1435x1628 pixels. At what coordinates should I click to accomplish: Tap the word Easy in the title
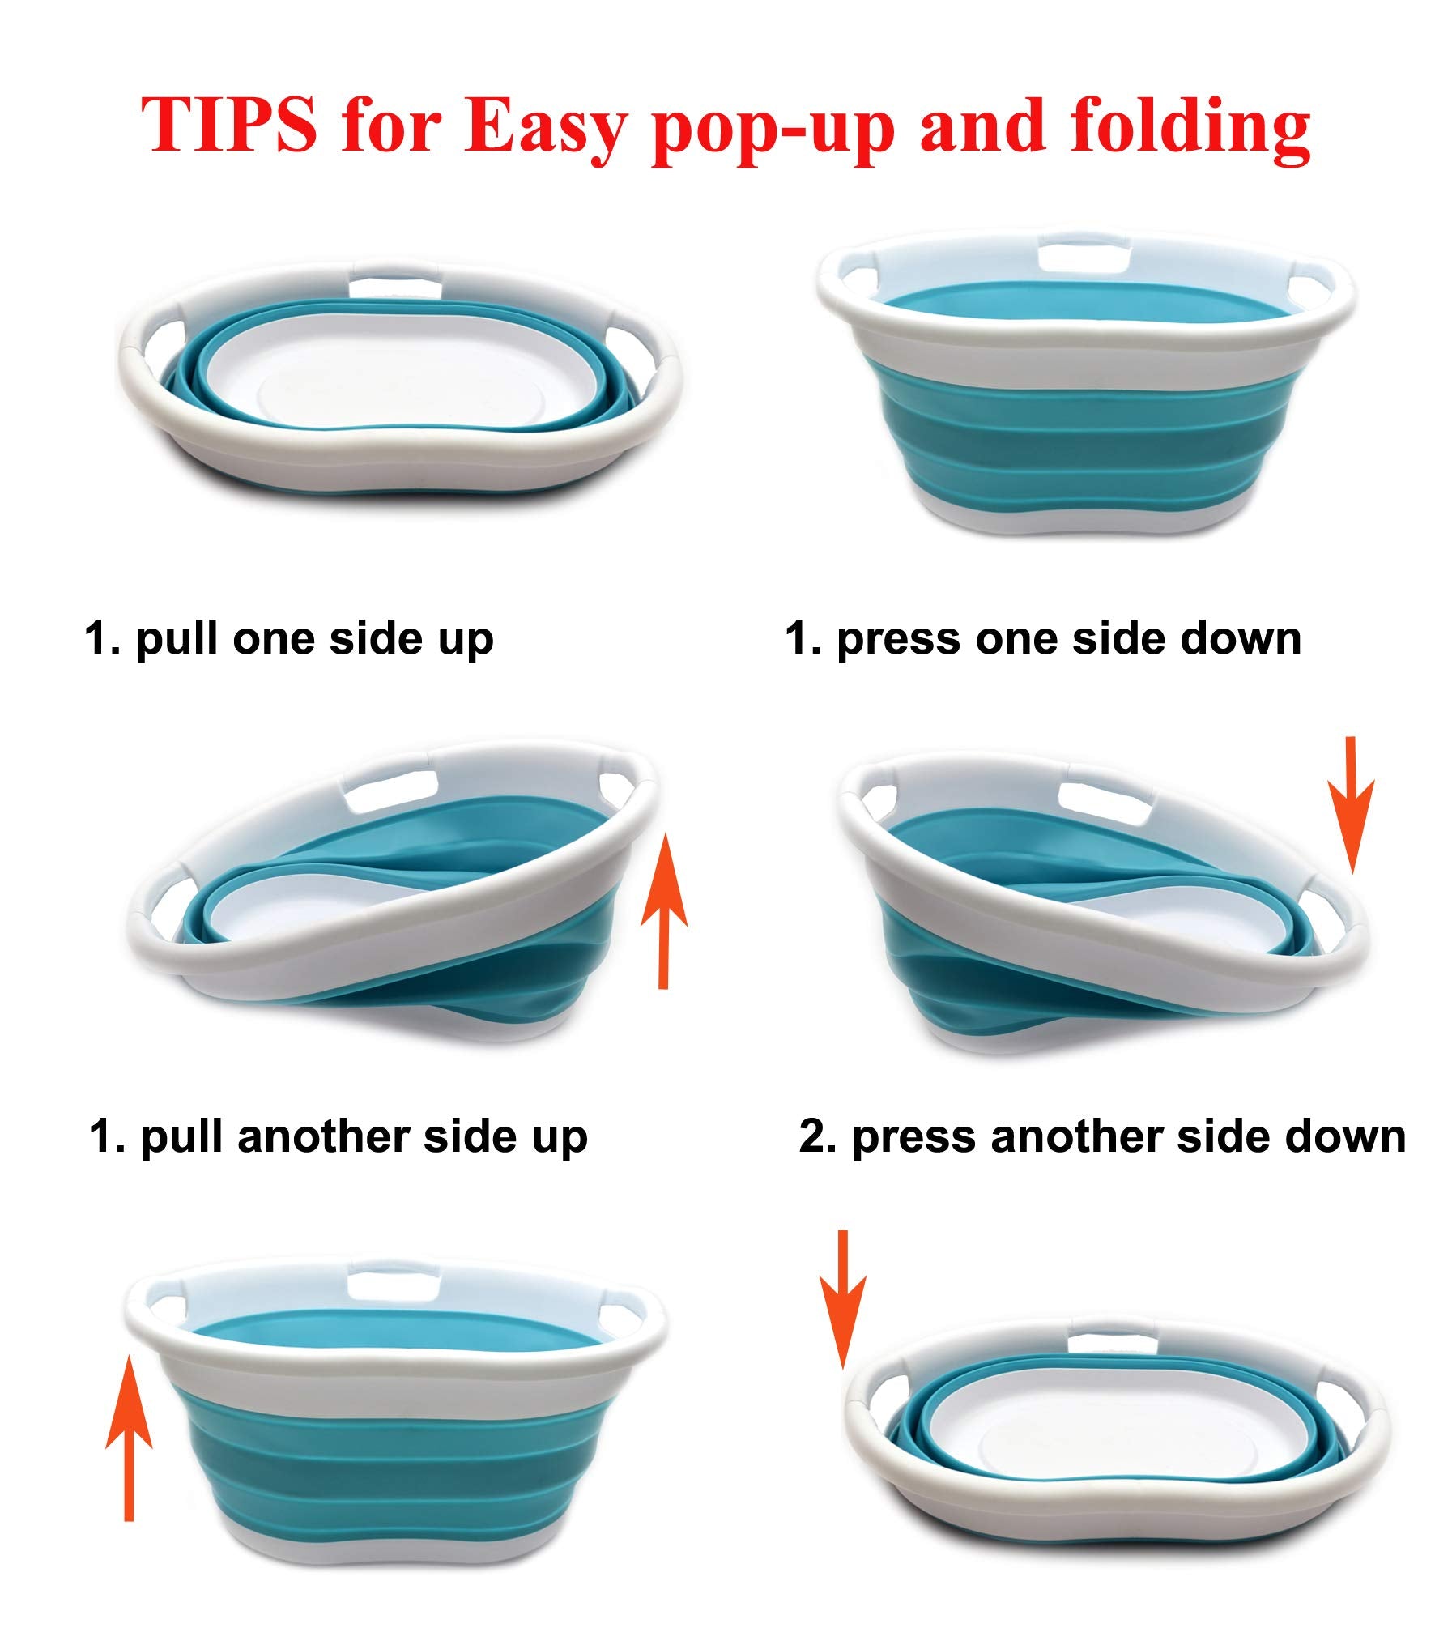pos(544,130)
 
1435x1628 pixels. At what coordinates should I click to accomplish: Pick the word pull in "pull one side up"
pos(177,639)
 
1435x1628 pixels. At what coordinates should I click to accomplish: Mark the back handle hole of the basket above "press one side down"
pos(1084,258)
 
